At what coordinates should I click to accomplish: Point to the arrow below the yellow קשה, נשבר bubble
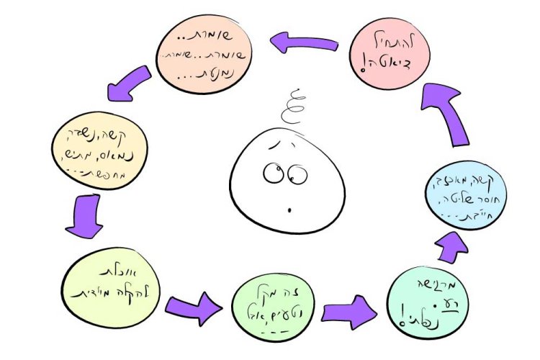(83, 217)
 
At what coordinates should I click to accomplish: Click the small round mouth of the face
(289, 211)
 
